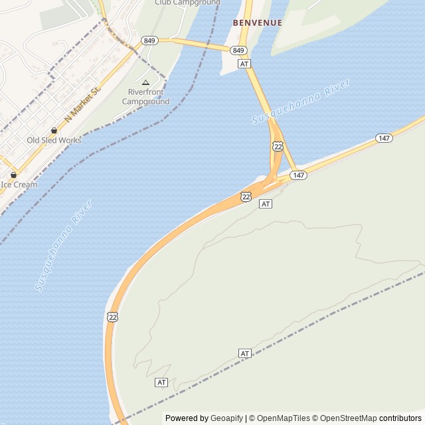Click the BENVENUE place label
click(257, 23)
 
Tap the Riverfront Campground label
click(145, 97)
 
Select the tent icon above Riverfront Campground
click(145, 82)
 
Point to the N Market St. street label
click(82, 104)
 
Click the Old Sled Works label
click(54, 140)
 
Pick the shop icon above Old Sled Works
click(54, 130)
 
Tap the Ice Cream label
click(19, 185)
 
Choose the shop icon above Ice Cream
click(13, 175)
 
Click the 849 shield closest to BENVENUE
click(239, 50)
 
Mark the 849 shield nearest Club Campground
click(149, 41)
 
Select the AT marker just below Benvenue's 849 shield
click(244, 64)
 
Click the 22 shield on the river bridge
click(278, 146)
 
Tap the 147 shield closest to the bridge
click(299, 175)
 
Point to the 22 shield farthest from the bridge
click(113, 317)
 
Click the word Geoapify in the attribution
click(226, 418)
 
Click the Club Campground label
click(187, 3)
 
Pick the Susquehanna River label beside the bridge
click(301, 101)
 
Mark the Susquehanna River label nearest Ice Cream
click(63, 245)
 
